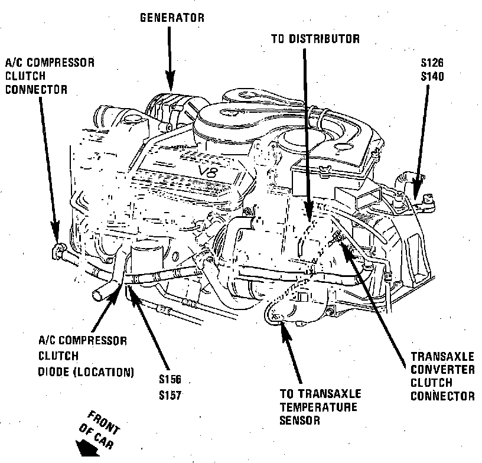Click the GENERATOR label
pyautogui.click(x=172, y=18)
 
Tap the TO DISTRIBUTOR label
pyautogui.click(x=315, y=40)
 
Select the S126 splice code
pyautogui.click(x=432, y=62)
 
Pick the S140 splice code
pyautogui.click(x=432, y=76)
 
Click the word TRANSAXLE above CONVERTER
pyautogui.click(x=442, y=357)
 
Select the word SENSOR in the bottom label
pyautogui.click(x=300, y=420)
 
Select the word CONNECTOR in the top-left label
pyautogui.click(x=35, y=90)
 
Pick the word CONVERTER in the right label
pyautogui.click(x=442, y=370)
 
